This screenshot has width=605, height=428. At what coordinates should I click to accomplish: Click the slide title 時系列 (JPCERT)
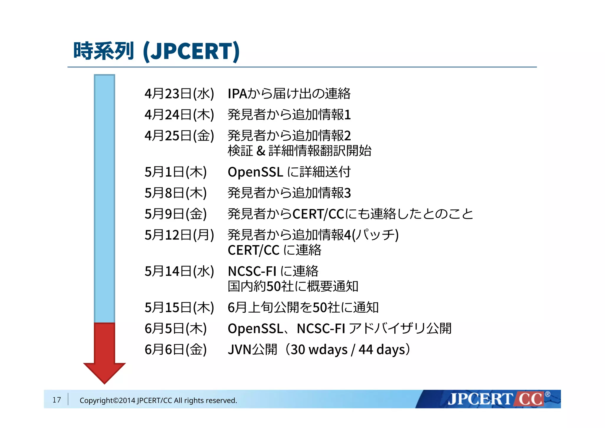pyautogui.click(x=156, y=51)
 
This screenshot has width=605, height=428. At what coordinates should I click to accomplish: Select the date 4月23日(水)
pyautogui.click(x=179, y=93)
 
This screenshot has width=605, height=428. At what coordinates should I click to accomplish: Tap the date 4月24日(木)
pyautogui.click(x=179, y=114)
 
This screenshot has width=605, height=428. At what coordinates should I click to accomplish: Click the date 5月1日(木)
pyautogui.click(x=175, y=172)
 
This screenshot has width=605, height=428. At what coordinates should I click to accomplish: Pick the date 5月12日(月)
pyautogui.click(x=179, y=235)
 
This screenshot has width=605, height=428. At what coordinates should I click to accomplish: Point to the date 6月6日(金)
pyautogui.click(x=175, y=349)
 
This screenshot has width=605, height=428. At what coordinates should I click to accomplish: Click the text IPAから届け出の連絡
pyautogui.click(x=289, y=93)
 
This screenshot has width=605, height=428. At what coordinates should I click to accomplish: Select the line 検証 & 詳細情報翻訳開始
pyautogui.click(x=299, y=151)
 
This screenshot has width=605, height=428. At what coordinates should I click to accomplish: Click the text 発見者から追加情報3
pyautogui.click(x=289, y=193)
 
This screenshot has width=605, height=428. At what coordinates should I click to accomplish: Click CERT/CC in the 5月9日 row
pyautogui.click(x=318, y=214)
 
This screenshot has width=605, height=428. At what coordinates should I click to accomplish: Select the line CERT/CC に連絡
pyautogui.click(x=274, y=250)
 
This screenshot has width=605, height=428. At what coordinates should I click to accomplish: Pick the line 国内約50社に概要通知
pyautogui.click(x=293, y=286)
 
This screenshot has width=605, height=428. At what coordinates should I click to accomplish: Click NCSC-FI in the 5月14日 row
pyautogui.click(x=252, y=271)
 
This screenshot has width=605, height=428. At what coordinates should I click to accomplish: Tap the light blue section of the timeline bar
pyautogui.click(x=104, y=198)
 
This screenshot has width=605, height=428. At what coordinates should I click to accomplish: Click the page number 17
pyautogui.click(x=56, y=400)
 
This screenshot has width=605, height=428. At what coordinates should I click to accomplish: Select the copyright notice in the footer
pyautogui.click(x=158, y=400)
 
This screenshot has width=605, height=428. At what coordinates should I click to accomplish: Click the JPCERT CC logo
pyautogui.click(x=496, y=399)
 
